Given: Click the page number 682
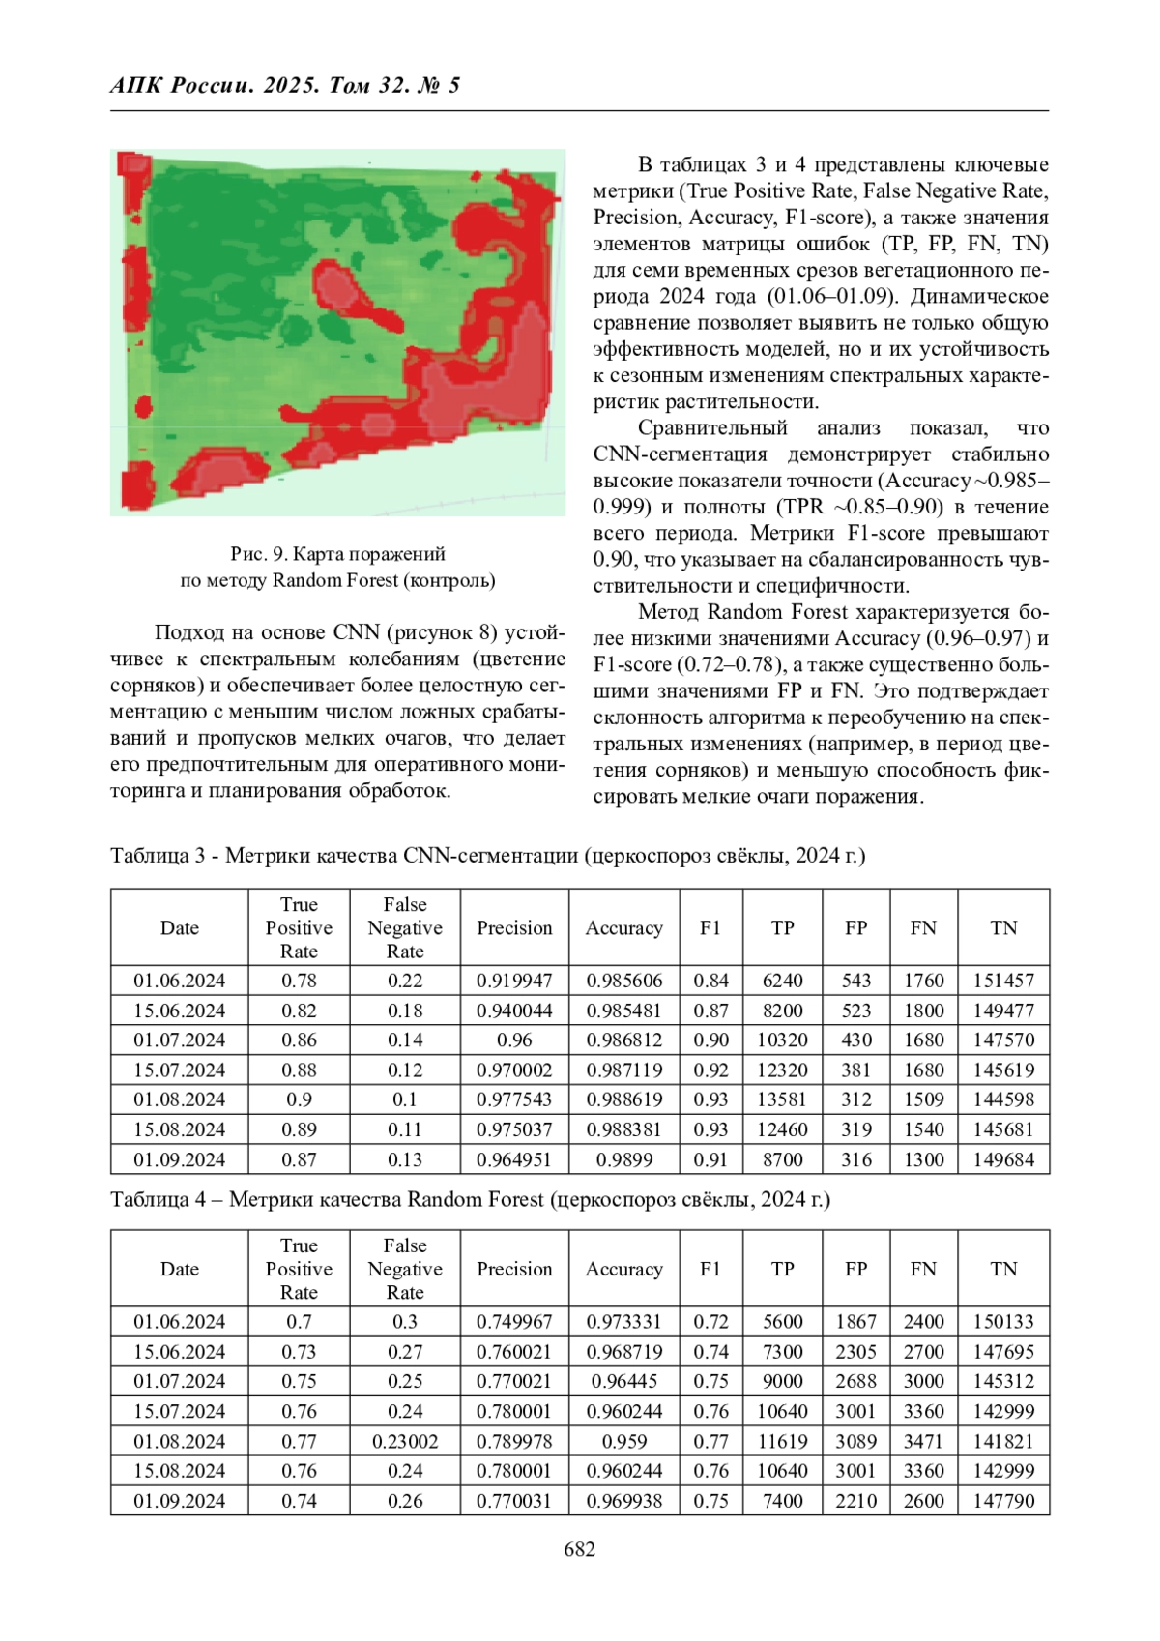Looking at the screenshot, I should [579, 1549].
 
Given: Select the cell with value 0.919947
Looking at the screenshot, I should [514, 981].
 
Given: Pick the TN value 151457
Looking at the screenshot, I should [1003, 981].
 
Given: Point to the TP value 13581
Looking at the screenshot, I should [782, 1099].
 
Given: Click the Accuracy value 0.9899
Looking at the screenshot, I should [623, 1159].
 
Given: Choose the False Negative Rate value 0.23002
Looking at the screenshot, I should [405, 1441].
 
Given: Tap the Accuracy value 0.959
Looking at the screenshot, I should [623, 1441].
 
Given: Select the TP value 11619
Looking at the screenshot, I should [782, 1441].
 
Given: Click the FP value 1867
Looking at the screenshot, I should [855, 1322].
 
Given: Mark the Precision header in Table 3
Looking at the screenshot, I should [514, 928].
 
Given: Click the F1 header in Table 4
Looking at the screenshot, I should [710, 1269].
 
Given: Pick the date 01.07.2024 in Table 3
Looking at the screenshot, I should [179, 1040].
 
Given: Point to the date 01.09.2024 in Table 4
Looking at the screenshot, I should [179, 1501].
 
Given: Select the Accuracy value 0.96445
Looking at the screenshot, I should [623, 1381].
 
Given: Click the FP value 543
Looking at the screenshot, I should [855, 981].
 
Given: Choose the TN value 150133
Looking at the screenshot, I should [1003, 1322].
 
